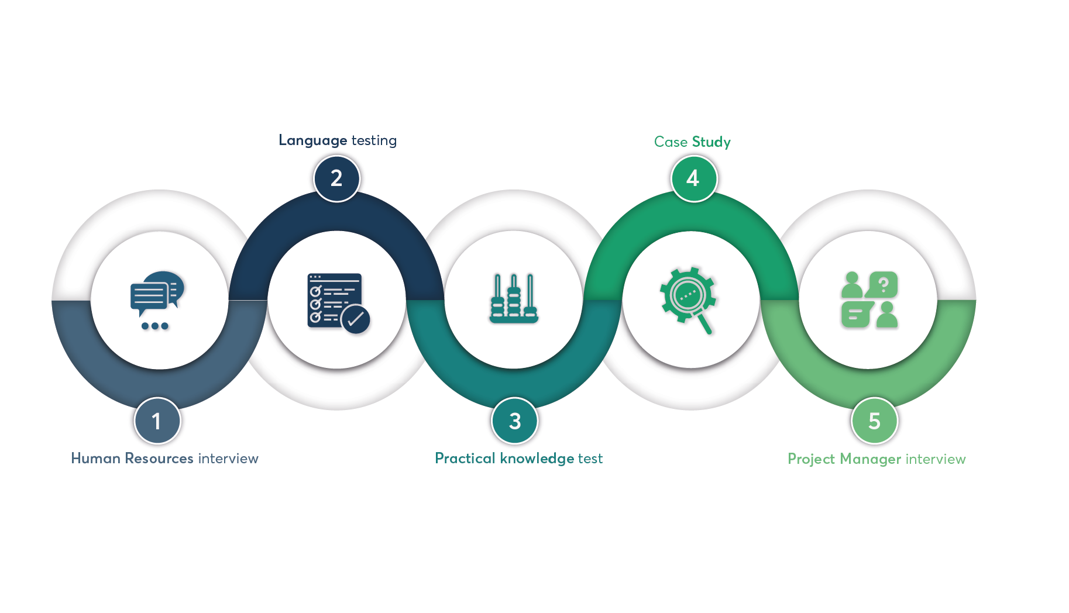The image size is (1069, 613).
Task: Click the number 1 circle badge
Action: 157,421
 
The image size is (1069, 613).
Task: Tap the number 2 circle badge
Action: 336,178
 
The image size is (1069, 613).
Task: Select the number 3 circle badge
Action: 514,421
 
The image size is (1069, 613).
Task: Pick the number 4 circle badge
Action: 693,178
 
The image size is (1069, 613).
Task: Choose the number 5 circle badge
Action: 874,421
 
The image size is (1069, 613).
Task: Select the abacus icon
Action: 514,298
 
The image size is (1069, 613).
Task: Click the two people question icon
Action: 869,299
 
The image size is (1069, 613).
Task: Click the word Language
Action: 313,141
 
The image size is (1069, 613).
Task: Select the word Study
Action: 711,142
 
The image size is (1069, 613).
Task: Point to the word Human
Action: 95,459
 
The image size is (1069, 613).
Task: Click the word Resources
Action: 159,459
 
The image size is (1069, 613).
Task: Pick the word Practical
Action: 465,459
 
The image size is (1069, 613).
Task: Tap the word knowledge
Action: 537,459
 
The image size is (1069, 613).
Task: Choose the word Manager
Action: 870,459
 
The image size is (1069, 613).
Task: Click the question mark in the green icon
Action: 884,285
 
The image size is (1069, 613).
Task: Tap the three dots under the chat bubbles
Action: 155,326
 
